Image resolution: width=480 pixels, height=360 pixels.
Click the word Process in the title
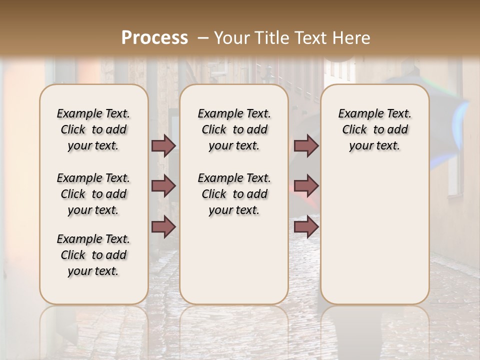pos(154,37)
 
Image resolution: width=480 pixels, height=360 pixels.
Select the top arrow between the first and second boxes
pos(163,145)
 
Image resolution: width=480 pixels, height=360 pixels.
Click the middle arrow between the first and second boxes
pos(163,186)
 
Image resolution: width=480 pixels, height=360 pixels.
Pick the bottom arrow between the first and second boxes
pos(163,226)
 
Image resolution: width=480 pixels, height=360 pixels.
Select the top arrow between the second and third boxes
pos(306,145)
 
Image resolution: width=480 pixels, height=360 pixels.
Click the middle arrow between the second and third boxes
pos(306,186)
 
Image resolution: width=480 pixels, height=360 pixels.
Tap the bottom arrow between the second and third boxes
pos(306,226)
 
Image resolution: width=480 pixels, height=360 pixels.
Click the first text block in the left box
pos(93,129)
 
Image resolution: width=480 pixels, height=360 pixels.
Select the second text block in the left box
pos(93,194)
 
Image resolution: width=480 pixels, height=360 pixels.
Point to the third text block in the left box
pos(93,255)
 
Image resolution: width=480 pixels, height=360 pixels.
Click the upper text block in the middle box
pos(234,129)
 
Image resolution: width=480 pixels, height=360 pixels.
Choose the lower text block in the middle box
pos(234,194)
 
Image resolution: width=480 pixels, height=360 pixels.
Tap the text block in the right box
pos(374,129)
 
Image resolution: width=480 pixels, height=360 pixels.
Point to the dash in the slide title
pos(203,37)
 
